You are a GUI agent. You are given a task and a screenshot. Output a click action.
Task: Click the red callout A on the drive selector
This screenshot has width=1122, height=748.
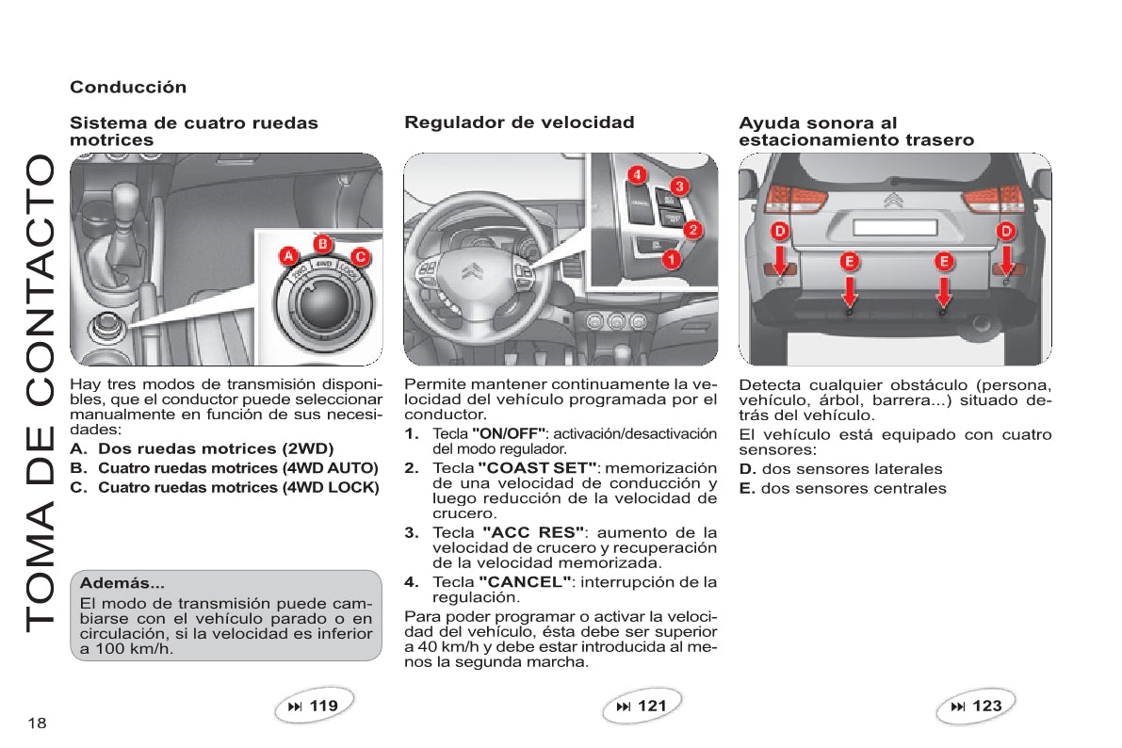[x=290, y=256]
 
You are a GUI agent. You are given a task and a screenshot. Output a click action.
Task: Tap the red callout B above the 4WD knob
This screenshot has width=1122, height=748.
[x=321, y=243]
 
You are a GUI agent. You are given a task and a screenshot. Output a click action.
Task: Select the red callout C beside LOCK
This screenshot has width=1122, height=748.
[x=359, y=255]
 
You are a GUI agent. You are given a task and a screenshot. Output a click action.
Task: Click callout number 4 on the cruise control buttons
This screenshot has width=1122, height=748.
[x=638, y=174]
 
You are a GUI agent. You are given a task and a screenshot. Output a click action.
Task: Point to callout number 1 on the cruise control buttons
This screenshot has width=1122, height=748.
[x=672, y=256]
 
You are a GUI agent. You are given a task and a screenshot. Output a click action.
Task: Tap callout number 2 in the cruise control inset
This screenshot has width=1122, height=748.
[x=692, y=228]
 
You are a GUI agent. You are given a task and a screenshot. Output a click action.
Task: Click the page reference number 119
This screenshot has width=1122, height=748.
[x=323, y=706]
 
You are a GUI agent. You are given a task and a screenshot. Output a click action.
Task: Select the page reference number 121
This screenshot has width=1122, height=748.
[x=651, y=706]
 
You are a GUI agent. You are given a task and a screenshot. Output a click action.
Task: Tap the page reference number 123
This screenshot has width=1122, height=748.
[x=986, y=706]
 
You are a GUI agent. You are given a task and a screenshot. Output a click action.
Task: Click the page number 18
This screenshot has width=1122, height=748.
[x=37, y=723]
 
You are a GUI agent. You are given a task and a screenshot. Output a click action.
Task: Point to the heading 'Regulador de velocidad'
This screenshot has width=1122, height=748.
[x=519, y=122]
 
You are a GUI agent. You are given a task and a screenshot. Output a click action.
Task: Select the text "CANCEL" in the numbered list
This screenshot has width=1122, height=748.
[x=525, y=581]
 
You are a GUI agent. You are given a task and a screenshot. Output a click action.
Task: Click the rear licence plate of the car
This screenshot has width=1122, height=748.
[x=894, y=227]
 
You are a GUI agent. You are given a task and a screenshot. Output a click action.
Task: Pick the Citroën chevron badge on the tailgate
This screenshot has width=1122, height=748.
[x=895, y=200]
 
